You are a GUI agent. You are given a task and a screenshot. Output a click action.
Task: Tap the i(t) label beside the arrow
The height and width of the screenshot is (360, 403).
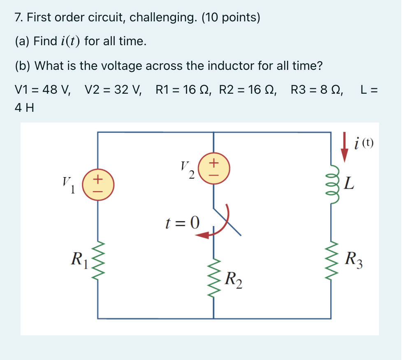tap(363, 143)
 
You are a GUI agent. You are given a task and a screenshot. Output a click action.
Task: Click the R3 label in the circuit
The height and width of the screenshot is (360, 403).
tap(354, 259)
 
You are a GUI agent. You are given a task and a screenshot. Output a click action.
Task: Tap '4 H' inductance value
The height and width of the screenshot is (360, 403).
tap(24, 108)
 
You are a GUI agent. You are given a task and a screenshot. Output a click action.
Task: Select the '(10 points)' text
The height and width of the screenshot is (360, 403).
tap(231, 18)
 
